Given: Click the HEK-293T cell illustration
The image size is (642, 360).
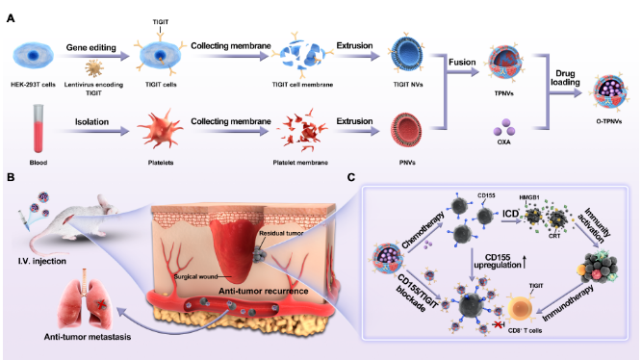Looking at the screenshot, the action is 33,56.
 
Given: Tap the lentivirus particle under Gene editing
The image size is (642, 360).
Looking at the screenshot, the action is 94,68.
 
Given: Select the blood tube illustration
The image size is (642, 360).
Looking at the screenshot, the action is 39,129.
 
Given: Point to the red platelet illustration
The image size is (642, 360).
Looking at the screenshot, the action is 160,129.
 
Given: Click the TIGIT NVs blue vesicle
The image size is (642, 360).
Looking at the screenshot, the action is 407,54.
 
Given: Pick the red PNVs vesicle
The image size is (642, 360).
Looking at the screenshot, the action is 406,130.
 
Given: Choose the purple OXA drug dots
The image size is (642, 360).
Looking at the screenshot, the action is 504,127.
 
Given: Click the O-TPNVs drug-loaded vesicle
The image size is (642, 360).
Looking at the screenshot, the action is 609,91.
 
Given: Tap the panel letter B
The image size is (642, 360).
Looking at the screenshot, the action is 11,177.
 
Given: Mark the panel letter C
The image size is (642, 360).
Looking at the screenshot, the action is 351,177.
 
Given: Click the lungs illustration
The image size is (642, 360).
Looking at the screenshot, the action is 85,299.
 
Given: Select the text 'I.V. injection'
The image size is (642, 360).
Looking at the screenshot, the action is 42,261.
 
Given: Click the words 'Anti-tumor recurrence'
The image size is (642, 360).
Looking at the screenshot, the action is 264,292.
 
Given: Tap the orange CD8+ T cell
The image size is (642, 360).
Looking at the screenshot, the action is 521,308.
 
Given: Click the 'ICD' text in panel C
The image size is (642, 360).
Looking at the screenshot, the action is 510,214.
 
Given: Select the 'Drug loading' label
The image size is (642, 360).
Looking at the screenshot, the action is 565,78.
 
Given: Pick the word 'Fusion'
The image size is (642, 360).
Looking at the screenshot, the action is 462,63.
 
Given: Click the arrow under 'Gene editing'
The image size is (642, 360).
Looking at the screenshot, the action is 93,57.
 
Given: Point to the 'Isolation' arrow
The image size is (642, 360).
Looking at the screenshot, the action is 93,131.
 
